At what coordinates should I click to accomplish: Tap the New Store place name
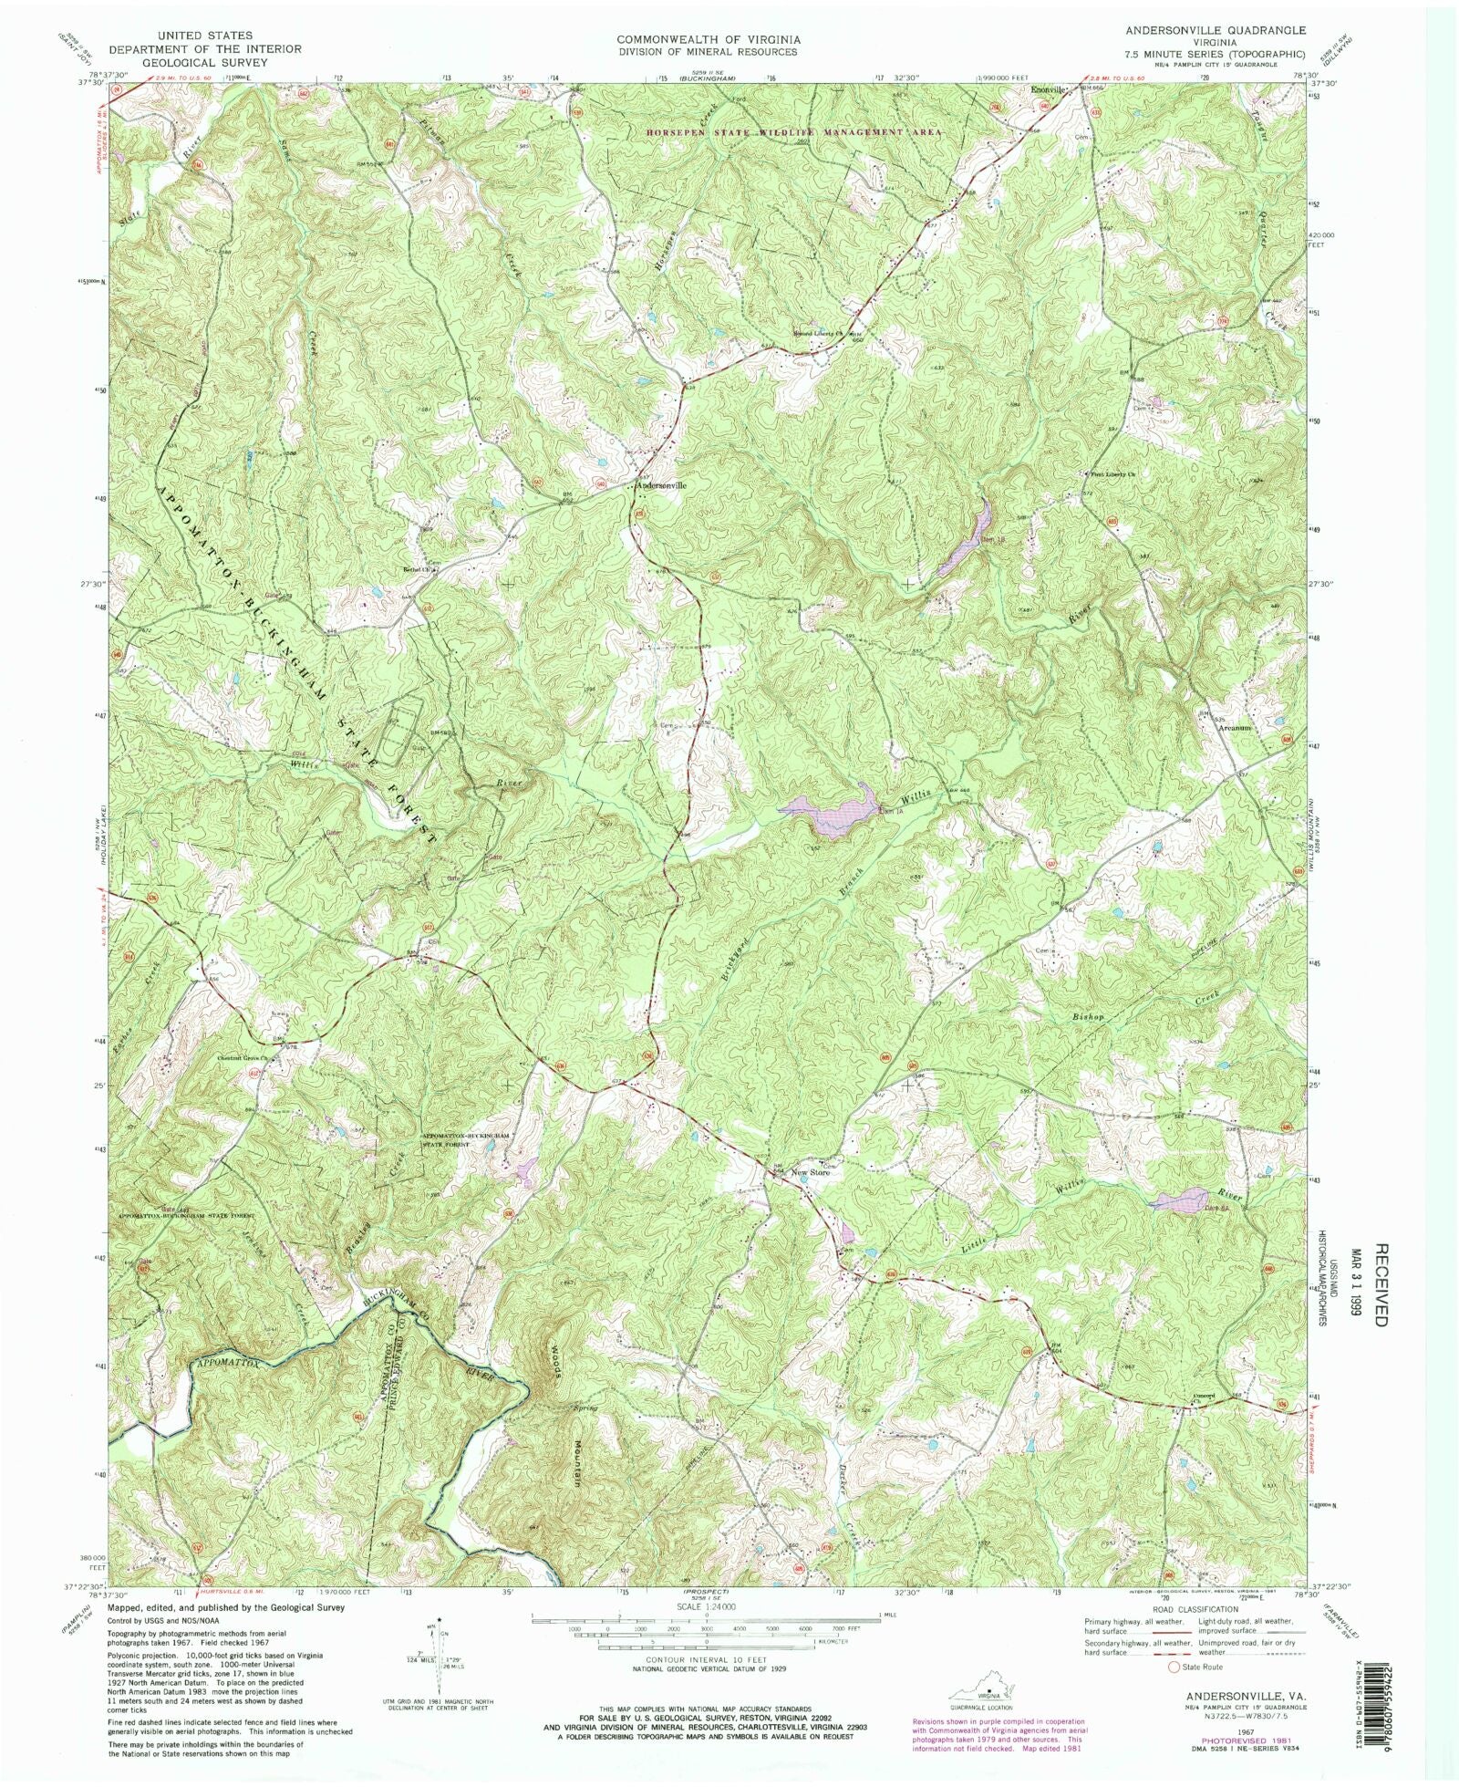(811, 1173)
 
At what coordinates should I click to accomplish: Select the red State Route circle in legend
(1174, 1667)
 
